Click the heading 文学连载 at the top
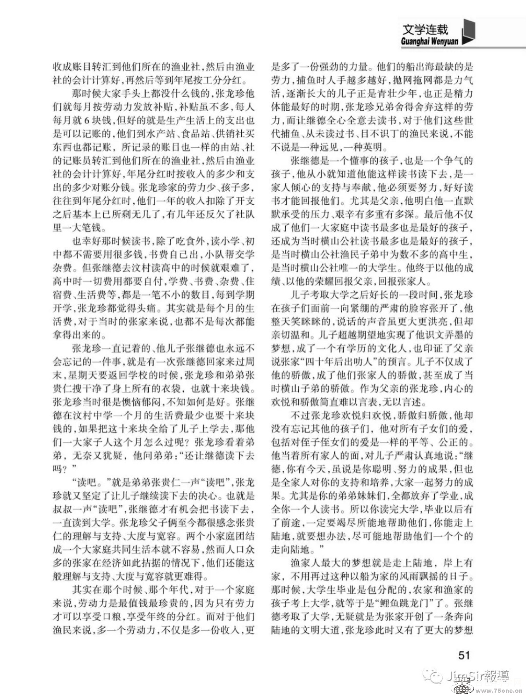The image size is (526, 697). (x=425, y=29)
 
